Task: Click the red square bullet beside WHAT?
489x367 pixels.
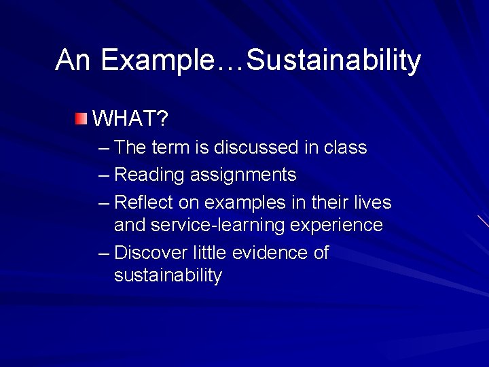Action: (81, 120)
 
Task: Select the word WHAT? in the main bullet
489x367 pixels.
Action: (130, 120)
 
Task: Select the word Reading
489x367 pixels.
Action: (149, 175)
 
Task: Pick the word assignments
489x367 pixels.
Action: (243, 175)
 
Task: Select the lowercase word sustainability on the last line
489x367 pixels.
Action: (168, 275)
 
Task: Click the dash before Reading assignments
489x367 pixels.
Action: (103, 175)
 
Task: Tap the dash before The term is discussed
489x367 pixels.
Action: (103, 147)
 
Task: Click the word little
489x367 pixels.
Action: (209, 253)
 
